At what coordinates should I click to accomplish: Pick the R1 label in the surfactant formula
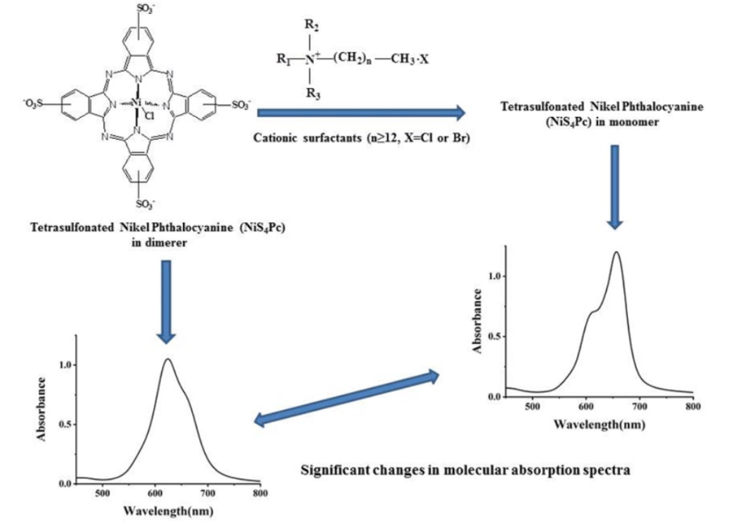pos(284,59)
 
